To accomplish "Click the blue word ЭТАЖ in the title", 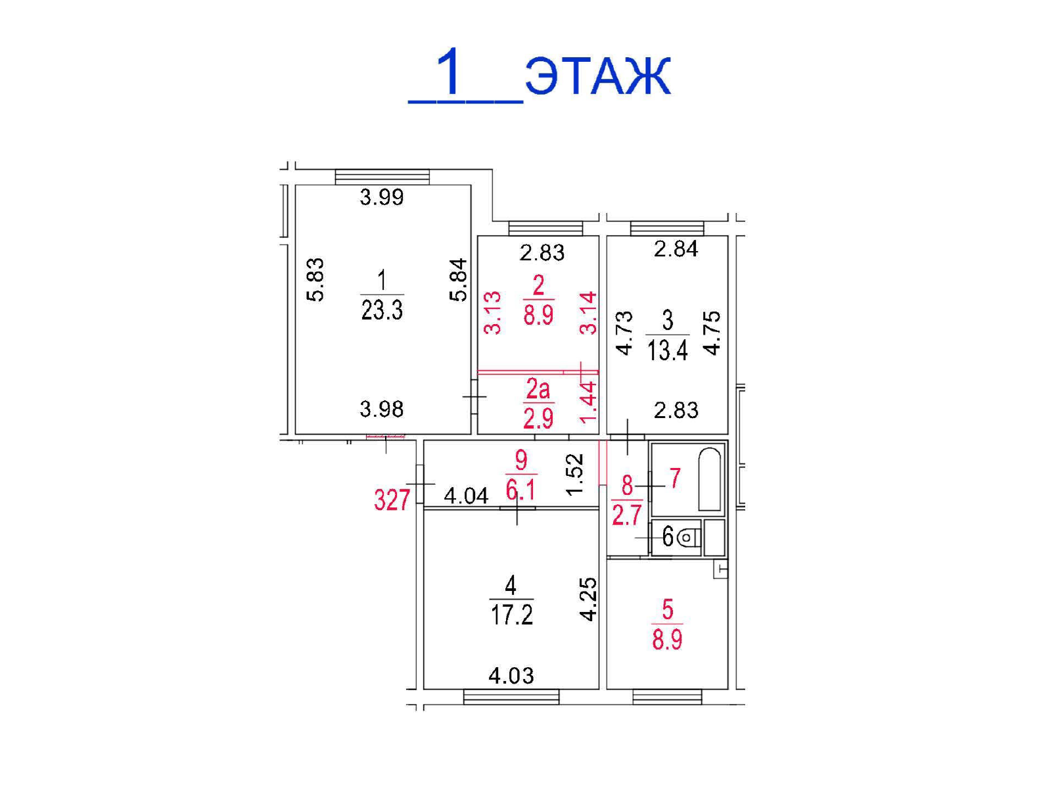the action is click(598, 77).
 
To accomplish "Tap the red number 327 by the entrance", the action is click(392, 500).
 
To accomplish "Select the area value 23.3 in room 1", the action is click(382, 310).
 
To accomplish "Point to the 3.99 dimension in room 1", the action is click(382, 197).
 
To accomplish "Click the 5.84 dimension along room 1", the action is click(459, 280).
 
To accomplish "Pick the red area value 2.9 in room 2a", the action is click(538, 418).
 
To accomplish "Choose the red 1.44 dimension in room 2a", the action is click(589, 402).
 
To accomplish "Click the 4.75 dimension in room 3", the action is click(712, 333).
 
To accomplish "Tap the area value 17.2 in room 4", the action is click(512, 615).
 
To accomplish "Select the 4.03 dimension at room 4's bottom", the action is click(511, 676).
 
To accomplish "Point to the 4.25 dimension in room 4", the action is click(589, 599).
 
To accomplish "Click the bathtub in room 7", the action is click(710, 479).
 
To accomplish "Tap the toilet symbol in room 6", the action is click(688, 537).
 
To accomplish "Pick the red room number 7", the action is click(675, 479).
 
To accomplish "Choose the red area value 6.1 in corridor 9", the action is click(521, 491).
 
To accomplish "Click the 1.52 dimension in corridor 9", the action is click(576, 475).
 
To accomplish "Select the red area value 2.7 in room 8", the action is click(627, 515).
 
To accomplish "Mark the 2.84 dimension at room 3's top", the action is click(676, 249).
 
